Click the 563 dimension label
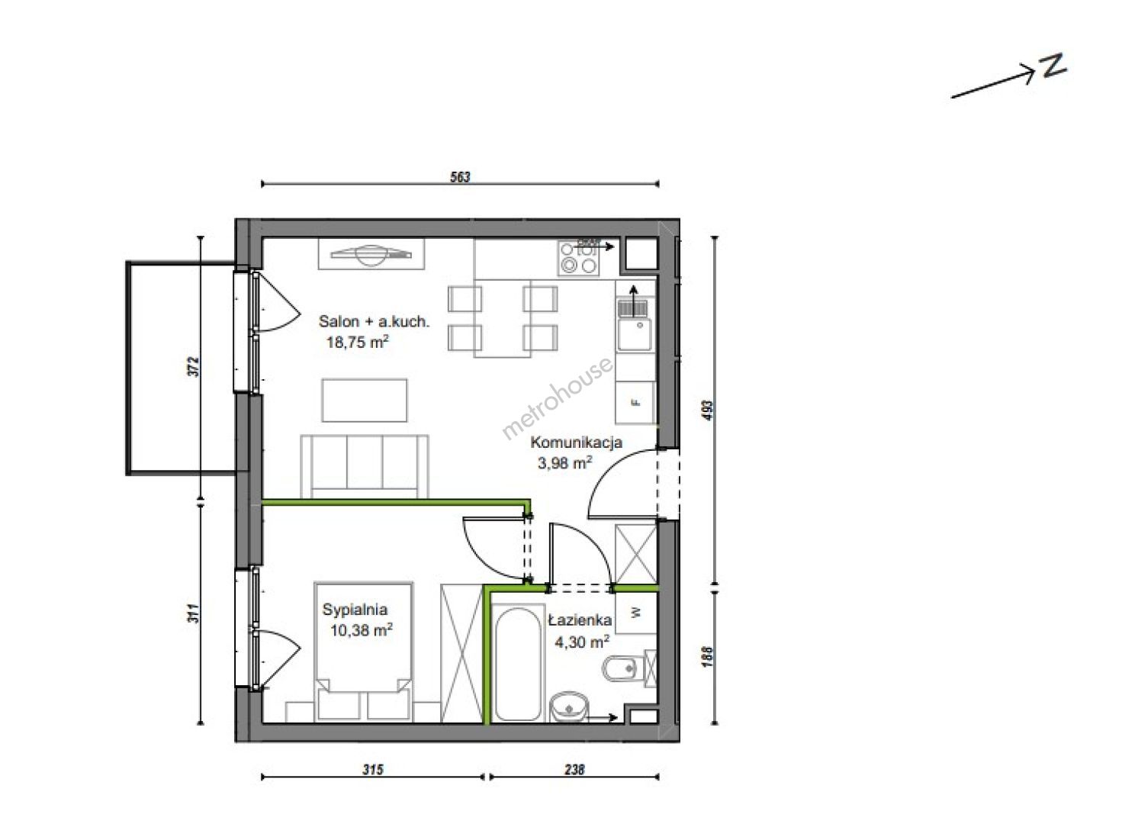pos(461,177)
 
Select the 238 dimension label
pos(574,769)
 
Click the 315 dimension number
pos(373,769)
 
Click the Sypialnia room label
pos(355,610)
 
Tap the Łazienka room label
pos(580,620)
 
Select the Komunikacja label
pos(576,443)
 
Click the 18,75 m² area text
pos(358,342)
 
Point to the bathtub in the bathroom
pos(518,664)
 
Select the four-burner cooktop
pos(578,257)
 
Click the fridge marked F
pos(635,402)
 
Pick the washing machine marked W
pos(635,613)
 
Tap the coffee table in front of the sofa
pos(364,401)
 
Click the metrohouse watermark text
pos(557,398)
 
